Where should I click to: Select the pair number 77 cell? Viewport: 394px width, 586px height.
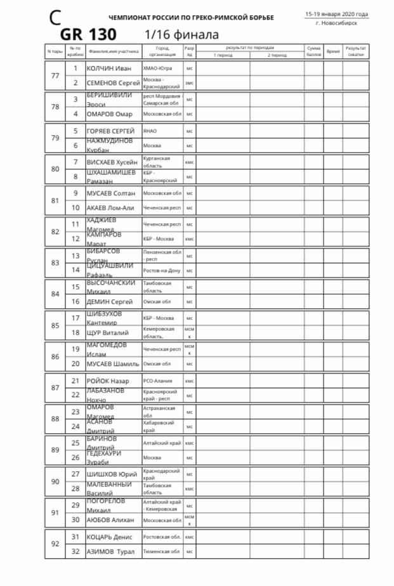[x=55, y=75]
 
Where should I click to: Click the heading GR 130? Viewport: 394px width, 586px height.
[x=89, y=34]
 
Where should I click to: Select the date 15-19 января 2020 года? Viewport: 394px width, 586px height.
[x=336, y=14]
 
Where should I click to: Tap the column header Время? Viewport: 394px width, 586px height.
[x=333, y=51]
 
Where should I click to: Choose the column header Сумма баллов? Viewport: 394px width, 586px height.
[x=313, y=51]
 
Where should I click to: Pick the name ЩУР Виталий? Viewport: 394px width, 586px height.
[x=108, y=333]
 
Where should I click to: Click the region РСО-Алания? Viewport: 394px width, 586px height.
[x=158, y=381]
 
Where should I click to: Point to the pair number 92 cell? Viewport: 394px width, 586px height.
[x=55, y=544]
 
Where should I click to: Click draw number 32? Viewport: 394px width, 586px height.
[x=76, y=552]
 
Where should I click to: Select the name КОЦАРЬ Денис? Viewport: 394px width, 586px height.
[x=110, y=537]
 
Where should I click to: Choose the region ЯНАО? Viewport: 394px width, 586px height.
[x=150, y=131]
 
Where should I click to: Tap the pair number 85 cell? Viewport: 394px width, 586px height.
[x=55, y=325]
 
